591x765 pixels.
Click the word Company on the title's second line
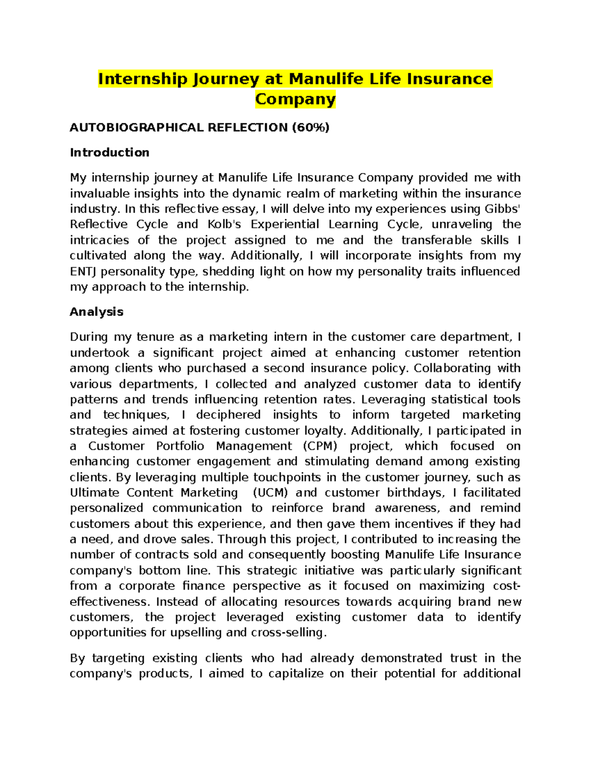(x=295, y=99)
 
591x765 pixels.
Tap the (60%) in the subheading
(x=310, y=128)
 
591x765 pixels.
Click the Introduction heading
(x=109, y=153)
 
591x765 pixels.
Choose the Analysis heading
(x=97, y=312)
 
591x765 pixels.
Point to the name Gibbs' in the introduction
(x=502, y=209)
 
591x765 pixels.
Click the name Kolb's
(x=224, y=225)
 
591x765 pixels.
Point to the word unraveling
(x=461, y=225)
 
